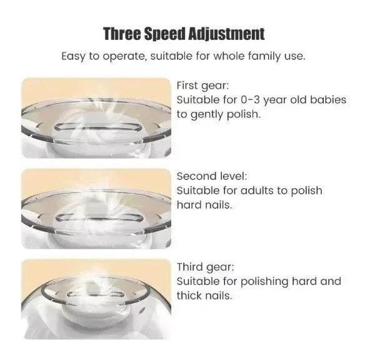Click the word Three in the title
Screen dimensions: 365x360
tap(122, 34)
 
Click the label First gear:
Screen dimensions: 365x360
tap(202, 86)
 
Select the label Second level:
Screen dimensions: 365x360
tap(212, 176)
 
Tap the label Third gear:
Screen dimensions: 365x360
tap(205, 267)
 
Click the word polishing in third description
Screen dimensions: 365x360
tap(264, 282)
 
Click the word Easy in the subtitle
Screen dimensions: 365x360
tap(74, 57)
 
